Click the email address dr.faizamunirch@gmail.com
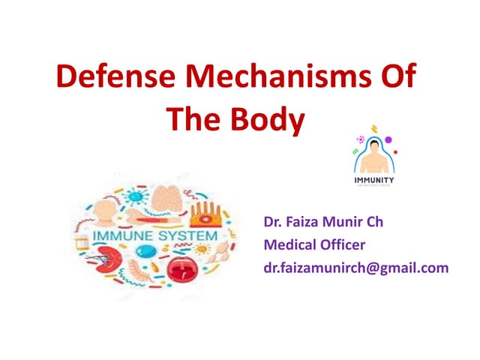[355, 267]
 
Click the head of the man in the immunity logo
[373, 150]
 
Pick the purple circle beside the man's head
[388, 139]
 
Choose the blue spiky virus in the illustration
[136, 196]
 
